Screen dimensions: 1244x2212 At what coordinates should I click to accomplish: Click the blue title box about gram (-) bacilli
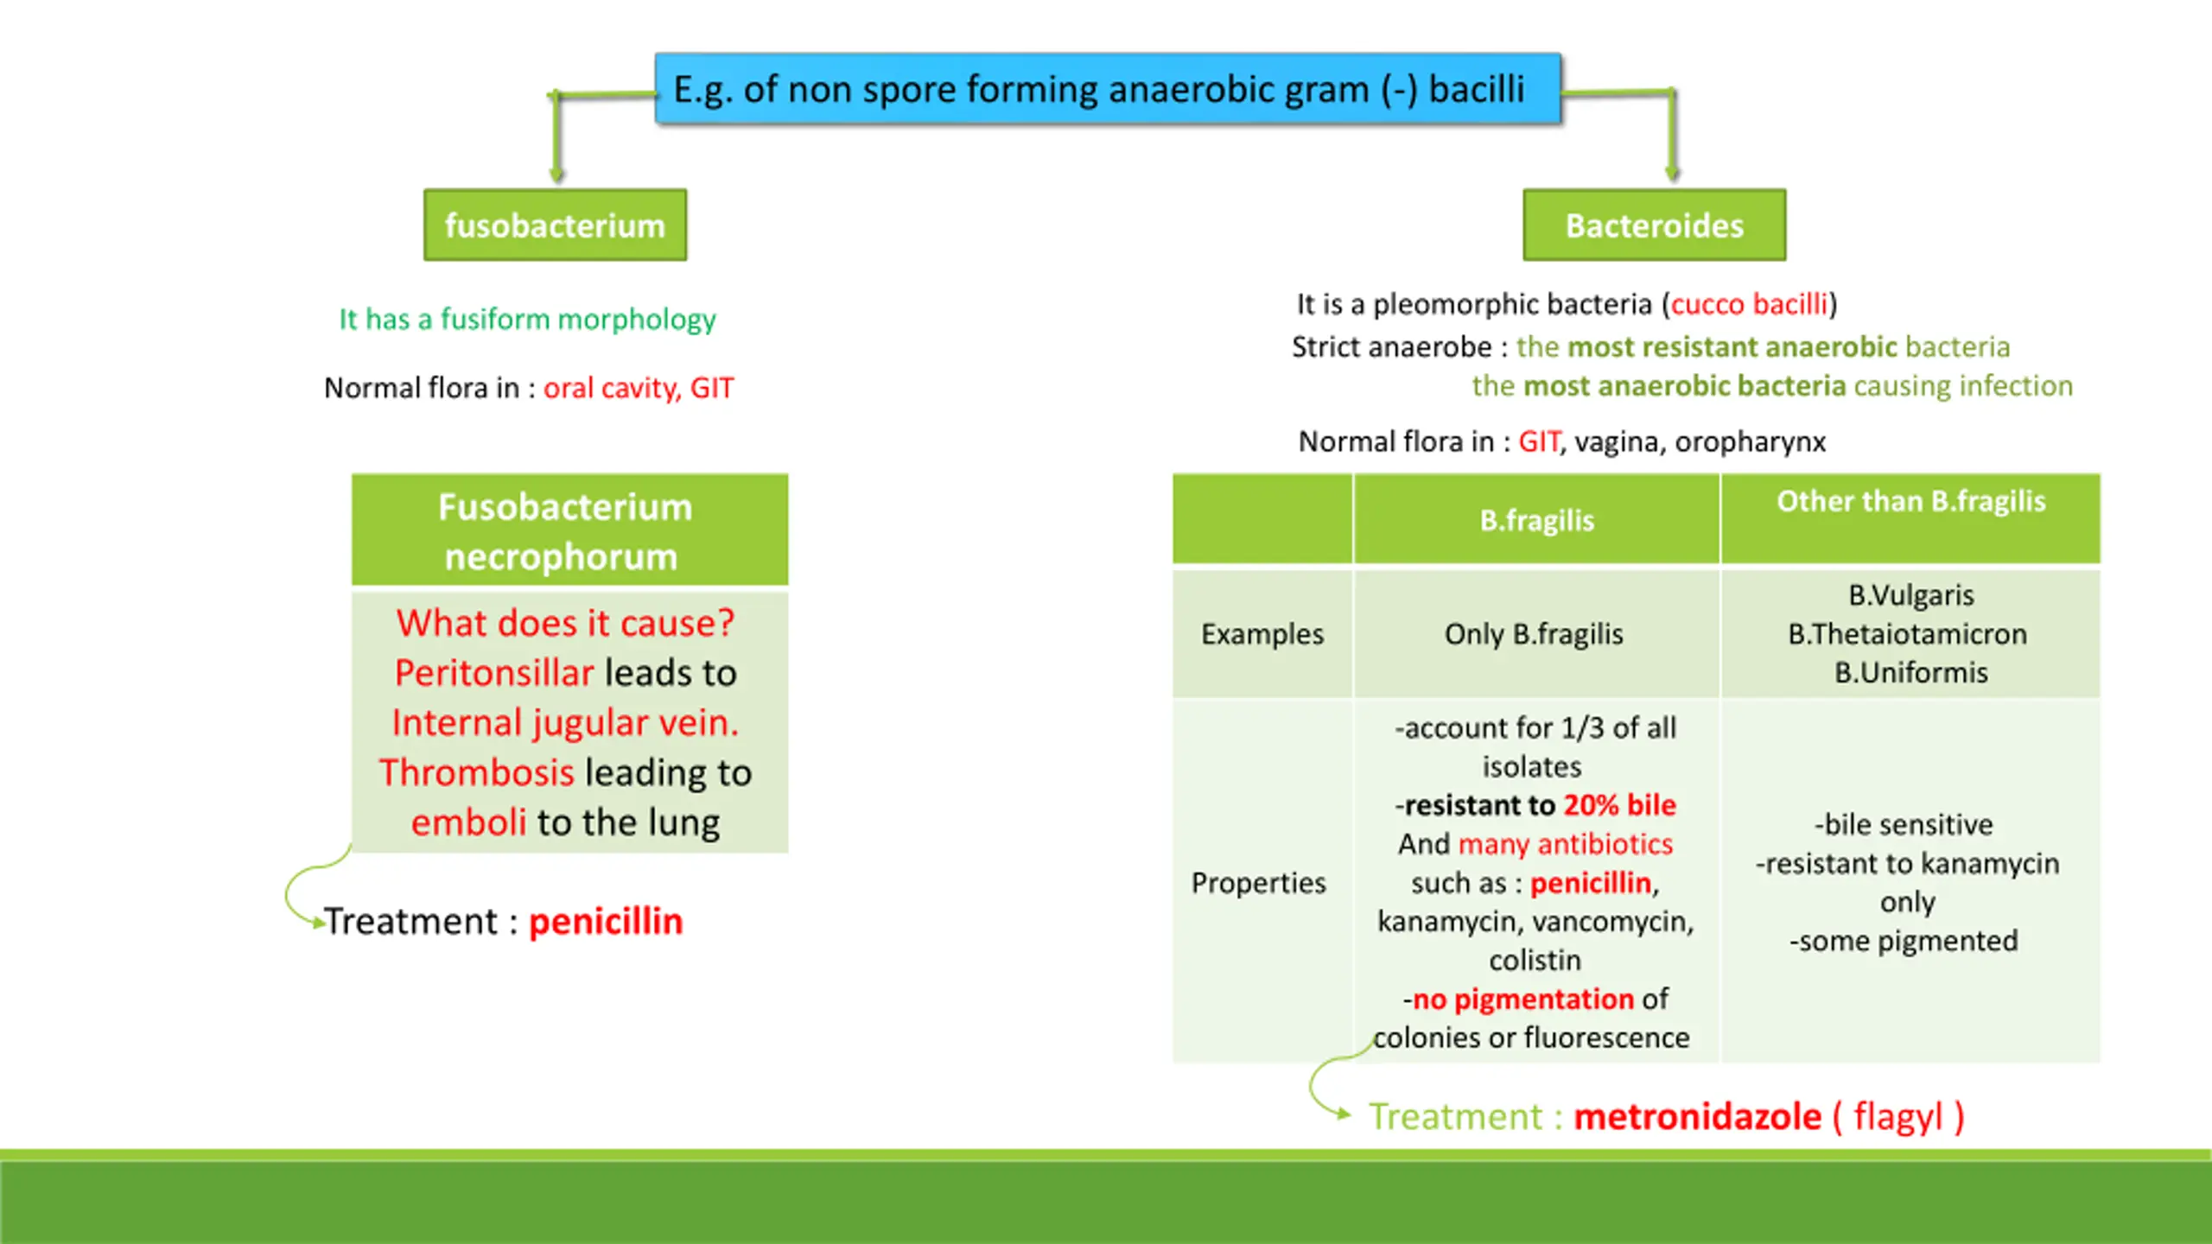pos(1107,89)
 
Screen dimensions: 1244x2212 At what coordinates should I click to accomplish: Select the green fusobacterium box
pos(555,225)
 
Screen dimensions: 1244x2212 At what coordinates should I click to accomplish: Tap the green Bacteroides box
pos(1654,225)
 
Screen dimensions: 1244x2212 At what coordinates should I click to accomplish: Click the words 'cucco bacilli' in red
pos(1749,304)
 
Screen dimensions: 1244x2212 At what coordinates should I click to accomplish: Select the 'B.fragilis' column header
pos(1536,520)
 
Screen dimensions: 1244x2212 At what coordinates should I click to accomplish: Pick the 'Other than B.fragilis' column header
pos(1910,502)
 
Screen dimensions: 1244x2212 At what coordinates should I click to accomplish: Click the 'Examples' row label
pos(1262,634)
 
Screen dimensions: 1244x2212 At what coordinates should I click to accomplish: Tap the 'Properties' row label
pos(1258,883)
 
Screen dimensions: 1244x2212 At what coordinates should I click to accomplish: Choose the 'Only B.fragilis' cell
pos(1534,634)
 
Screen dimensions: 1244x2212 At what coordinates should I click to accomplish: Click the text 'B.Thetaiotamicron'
pos(1907,634)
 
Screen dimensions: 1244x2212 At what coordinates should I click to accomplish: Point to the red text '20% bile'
pos(1619,805)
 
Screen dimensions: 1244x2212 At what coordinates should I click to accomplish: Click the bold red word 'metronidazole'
pos(1697,1116)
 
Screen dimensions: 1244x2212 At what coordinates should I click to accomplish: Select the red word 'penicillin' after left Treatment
pos(606,922)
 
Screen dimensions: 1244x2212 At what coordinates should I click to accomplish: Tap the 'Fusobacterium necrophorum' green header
pos(566,531)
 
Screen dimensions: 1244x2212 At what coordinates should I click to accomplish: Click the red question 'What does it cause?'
pos(565,623)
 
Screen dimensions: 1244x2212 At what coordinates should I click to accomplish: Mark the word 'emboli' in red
pos(468,822)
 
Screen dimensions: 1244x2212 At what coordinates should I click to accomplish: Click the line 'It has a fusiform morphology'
pos(527,320)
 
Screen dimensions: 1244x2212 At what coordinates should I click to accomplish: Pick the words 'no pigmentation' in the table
pos(1522,1000)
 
